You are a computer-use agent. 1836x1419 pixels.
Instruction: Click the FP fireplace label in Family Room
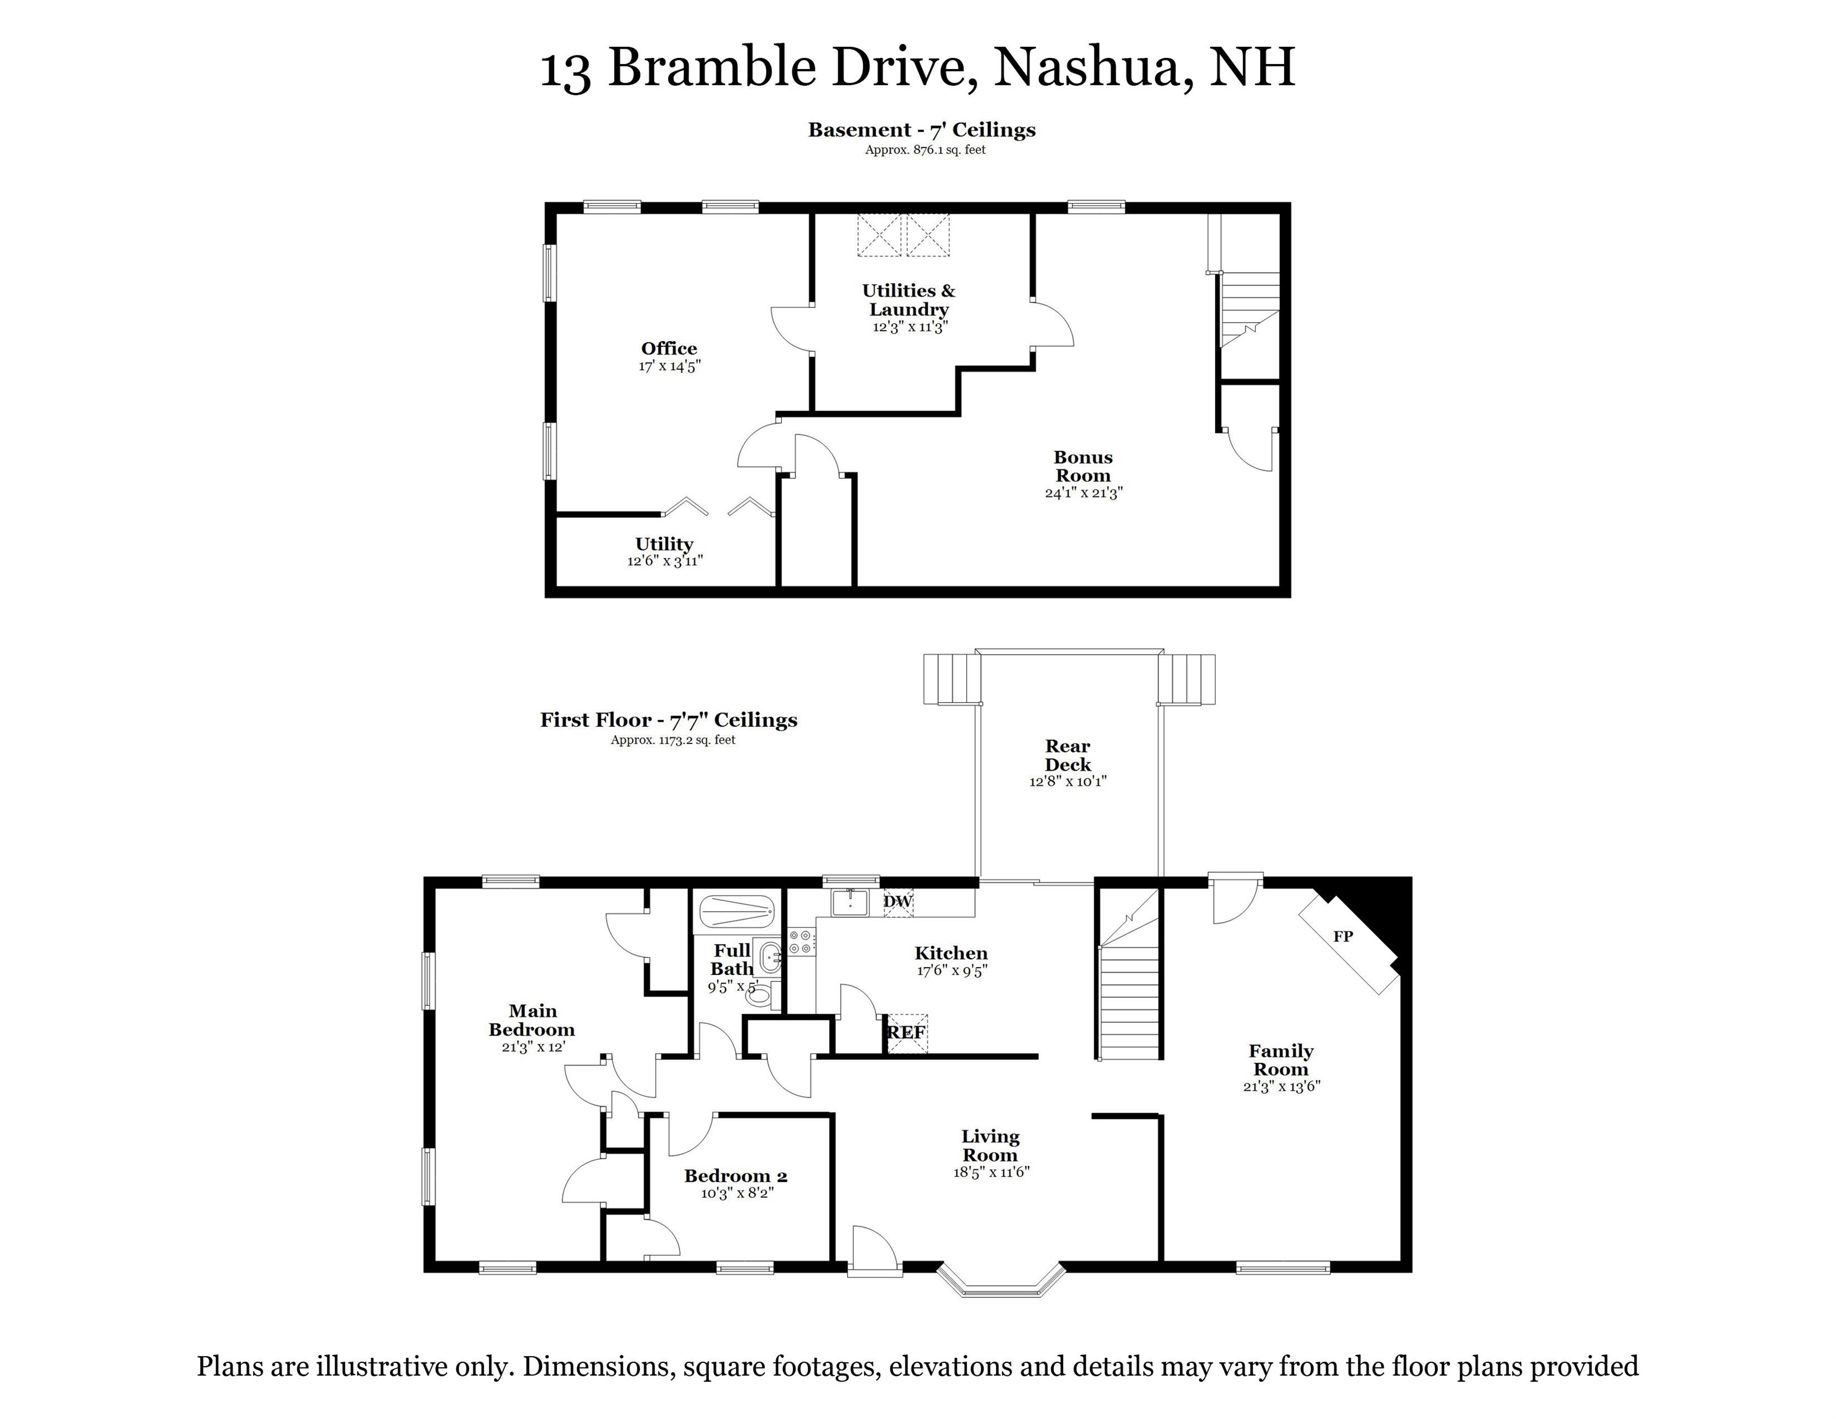coord(1343,937)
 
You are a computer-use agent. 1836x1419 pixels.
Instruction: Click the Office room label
coord(669,348)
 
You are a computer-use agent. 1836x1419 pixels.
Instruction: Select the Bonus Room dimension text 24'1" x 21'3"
coord(1083,493)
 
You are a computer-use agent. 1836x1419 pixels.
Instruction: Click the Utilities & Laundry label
coord(908,299)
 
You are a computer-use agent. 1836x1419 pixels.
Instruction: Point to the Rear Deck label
coord(1067,755)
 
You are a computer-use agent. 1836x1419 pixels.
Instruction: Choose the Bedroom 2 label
coord(735,1176)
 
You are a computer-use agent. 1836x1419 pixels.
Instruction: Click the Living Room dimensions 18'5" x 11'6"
coord(991,1172)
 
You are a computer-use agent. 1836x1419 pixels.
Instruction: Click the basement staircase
coord(1249,307)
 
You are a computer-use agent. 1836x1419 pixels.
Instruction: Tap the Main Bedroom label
coord(532,1021)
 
